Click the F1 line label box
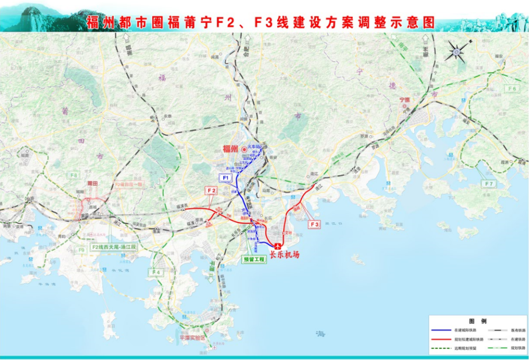coord(225,176)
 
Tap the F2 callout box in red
coord(212,190)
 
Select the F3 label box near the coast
coord(315,224)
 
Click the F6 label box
coord(512,88)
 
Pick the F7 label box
coord(489,184)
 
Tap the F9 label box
coord(81,249)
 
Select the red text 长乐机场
coord(285,255)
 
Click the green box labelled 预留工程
coord(253,260)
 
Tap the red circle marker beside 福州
coord(244,150)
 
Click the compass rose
coord(455,52)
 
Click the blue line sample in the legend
coord(444,330)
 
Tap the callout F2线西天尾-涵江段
coord(114,247)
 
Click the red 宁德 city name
coord(404,99)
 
